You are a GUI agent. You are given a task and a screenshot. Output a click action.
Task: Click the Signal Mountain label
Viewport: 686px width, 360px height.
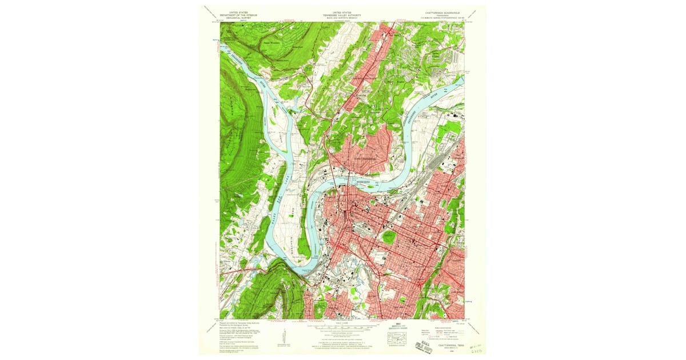[274, 41]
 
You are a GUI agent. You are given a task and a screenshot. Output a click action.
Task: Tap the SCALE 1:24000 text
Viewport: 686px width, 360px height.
[342, 323]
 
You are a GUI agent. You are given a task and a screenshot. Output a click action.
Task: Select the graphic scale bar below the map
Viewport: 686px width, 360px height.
[342, 327]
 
